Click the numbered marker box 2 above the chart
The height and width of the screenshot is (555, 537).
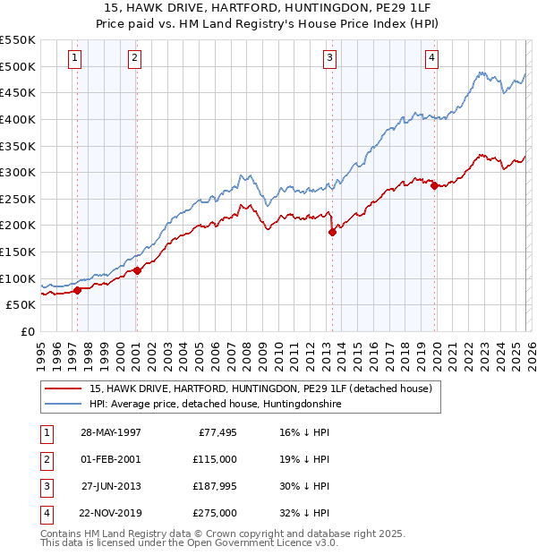[x=133, y=58]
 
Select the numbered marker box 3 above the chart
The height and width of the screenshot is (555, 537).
[x=329, y=58]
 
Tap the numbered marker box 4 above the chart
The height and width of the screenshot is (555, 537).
[x=431, y=58]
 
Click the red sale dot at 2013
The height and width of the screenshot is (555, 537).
[x=333, y=232]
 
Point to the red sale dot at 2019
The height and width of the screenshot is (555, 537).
[x=434, y=186]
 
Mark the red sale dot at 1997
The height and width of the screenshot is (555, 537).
[x=78, y=290]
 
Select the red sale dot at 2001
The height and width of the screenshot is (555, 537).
[x=137, y=270]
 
